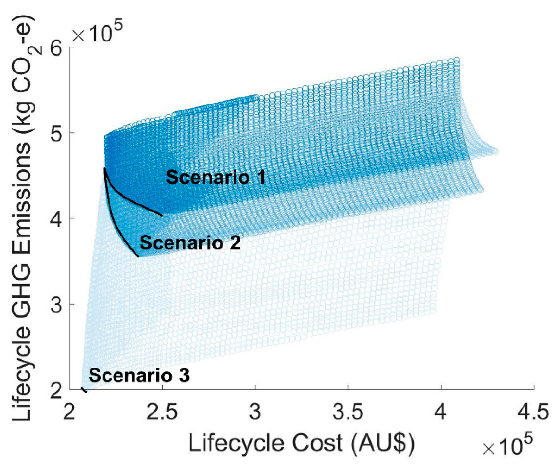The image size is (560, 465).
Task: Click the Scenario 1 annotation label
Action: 216,177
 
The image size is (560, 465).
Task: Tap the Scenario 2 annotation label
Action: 190,243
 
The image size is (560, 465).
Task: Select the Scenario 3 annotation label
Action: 139,375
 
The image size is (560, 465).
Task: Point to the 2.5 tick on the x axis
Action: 162,412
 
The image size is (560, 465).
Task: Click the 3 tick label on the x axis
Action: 255,412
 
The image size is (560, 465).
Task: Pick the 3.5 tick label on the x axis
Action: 348,412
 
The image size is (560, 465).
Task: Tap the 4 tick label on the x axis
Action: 440,412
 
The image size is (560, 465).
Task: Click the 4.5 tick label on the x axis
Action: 533,412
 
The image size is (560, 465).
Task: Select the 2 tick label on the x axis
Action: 69,412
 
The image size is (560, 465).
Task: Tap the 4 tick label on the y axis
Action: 56,219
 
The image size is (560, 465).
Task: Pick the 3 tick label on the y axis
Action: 56,305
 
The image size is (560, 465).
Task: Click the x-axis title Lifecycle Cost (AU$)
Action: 301,443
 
